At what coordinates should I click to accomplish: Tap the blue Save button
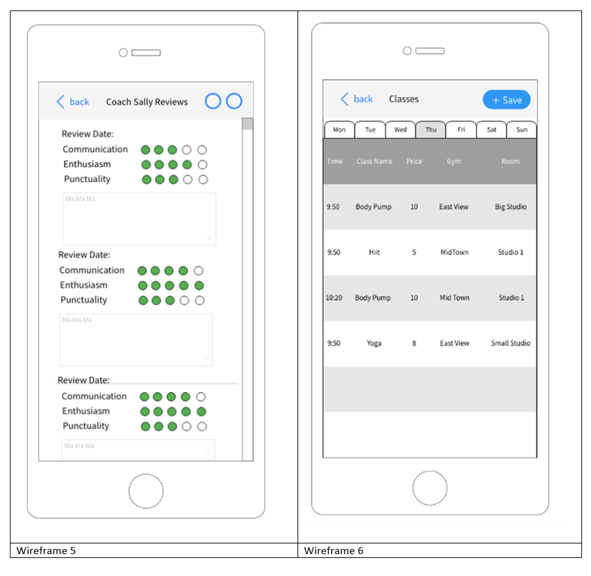pyautogui.click(x=506, y=100)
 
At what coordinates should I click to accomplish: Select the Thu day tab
pyautogui.click(x=431, y=130)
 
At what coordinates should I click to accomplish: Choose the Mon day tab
pyautogui.click(x=339, y=130)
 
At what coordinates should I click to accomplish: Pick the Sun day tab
pyautogui.click(x=522, y=130)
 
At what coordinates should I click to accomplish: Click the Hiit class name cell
pyautogui.click(x=374, y=252)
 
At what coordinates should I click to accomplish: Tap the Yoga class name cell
pyautogui.click(x=374, y=343)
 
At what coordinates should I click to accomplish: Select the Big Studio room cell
pyautogui.click(x=510, y=207)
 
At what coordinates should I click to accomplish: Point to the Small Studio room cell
pyautogui.click(x=510, y=343)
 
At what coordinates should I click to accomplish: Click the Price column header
pyautogui.click(x=414, y=161)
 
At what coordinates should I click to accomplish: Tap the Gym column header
pyautogui.click(x=453, y=161)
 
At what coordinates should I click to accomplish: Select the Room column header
pyautogui.click(x=510, y=161)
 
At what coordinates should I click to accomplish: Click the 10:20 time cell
pyautogui.click(x=334, y=298)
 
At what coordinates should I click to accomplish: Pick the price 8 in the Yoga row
pyautogui.click(x=414, y=343)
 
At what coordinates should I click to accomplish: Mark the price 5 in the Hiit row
pyautogui.click(x=414, y=252)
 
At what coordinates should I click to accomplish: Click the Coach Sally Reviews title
pyautogui.click(x=147, y=102)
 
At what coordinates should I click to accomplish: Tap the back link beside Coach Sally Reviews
pyautogui.click(x=74, y=102)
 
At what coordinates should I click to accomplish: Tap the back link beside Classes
pyautogui.click(x=358, y=99)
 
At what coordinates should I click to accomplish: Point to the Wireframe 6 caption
pyautogui.click(x=334, y=550)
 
